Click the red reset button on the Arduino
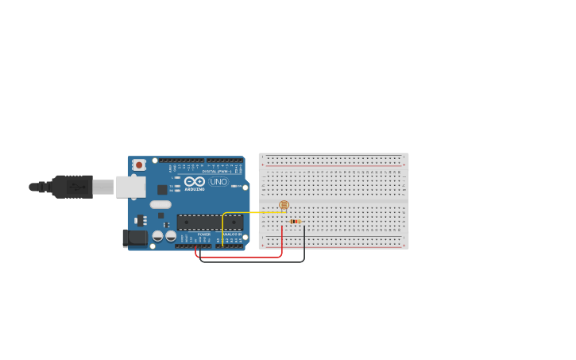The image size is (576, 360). (139, 165)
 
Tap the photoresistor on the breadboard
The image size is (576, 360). (284, 205)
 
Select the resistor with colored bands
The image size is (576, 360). (295, 222)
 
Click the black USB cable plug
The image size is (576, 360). (72, 187)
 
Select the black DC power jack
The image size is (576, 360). (133, 237)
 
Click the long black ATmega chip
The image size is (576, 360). (210, 222)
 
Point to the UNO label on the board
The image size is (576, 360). (218, 182)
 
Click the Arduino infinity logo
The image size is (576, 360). (195, 181)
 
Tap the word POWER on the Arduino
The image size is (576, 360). (204, 234)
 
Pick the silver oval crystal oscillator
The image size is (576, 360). (160, 204)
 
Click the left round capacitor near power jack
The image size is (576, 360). (158, 235)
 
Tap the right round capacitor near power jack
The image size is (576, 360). (171, 235)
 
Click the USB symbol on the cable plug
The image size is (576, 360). (76, 187)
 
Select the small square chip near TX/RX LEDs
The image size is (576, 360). (162, 190)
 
